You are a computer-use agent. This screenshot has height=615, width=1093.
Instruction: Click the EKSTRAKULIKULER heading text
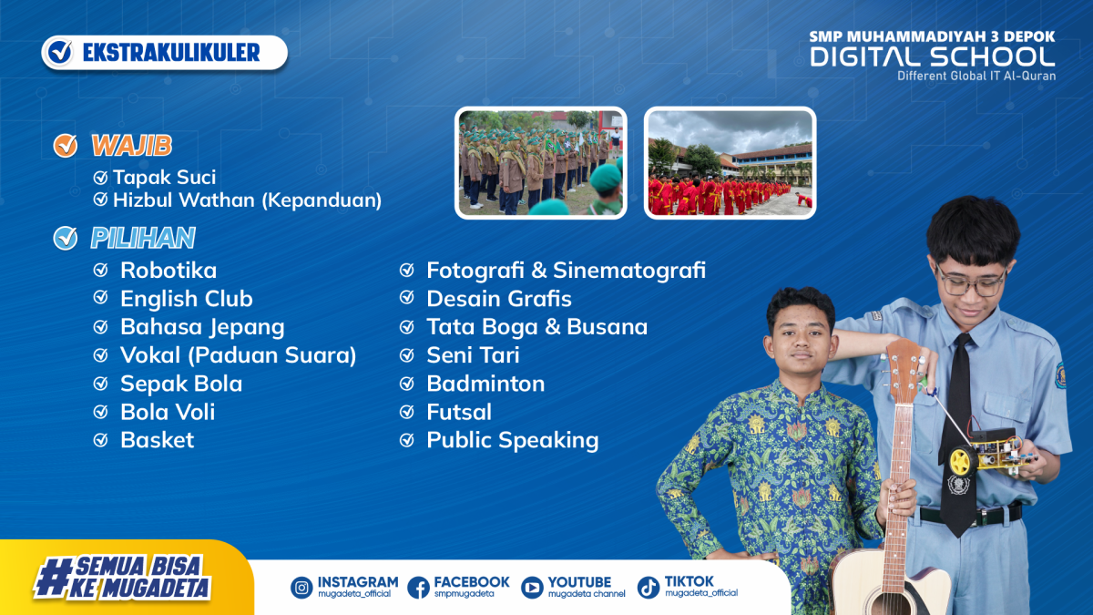pyautogui.click(x=171, y=53)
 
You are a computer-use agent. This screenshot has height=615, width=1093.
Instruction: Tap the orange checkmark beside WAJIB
pyautogui.click(x=66, y=146)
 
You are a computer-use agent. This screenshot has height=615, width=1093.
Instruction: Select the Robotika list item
pyautogui.click(x=169, y=271)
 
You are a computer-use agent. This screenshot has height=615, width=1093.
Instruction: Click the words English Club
pyautogui.click(x=187, y=299)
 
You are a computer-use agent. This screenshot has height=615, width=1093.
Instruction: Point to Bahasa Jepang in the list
pyautogui.click(x=202, y=327)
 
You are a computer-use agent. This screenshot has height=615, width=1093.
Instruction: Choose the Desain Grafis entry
pyautogui.click(x=499, y=299)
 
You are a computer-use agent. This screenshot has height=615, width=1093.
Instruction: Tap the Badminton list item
pyautogui.click(x=485, y=384)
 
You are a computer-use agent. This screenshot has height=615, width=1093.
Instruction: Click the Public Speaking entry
pyautogui.click(x=512, y=441)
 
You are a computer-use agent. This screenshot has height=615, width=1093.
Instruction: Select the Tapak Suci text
pyautogui.click(x=164, y=177)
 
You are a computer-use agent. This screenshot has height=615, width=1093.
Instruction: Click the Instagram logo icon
pyautogui.click(x=301, y=587)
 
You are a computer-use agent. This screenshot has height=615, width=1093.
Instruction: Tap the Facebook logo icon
pyautogui.click(x=418, y=587)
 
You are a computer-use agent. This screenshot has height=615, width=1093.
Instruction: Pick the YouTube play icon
pyautogui.click(x=532, y=587)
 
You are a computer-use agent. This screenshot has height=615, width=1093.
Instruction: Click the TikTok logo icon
pyautogui.click(x=649, y=587)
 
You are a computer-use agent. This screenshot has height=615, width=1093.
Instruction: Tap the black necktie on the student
pyautogui.click(x=958, y=435)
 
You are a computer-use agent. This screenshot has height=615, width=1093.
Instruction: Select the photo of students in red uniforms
pyautogui.click(x=730, y=163)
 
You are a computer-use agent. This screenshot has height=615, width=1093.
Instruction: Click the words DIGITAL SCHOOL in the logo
pyautogui.click(x=933, y=57)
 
